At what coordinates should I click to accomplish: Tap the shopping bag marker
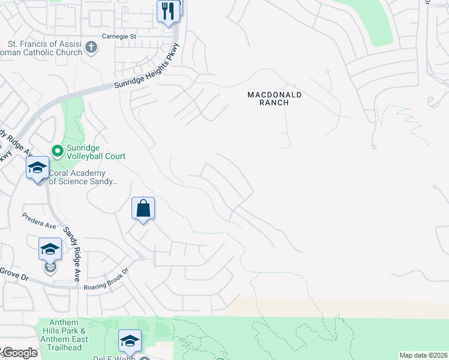click(143, 209)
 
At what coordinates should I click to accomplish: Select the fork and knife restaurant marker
click(168, 11)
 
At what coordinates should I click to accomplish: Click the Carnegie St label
click(119, 36)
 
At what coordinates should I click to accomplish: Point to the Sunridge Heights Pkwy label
click(148, 66)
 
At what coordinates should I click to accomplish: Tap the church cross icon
click(91, 47)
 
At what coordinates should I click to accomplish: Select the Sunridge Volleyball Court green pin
click(58, 151)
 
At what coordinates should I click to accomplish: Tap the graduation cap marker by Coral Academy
click(37, 168)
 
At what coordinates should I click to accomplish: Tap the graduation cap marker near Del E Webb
click(130, 341)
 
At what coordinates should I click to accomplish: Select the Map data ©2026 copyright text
click(423, 355)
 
